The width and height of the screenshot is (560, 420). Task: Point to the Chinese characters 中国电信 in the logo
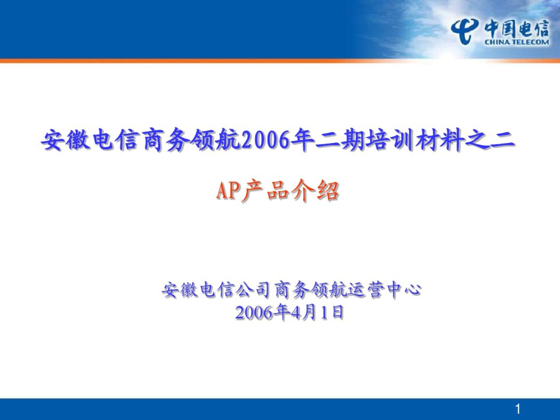[x=517, y=29]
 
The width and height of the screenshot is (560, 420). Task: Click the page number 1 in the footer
[x=518, y=409]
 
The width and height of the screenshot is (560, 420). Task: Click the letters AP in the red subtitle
[x=229, y=191]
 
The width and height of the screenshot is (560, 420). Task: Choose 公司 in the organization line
[x=252, y=290]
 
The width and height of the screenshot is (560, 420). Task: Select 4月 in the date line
[x=305, y=312]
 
